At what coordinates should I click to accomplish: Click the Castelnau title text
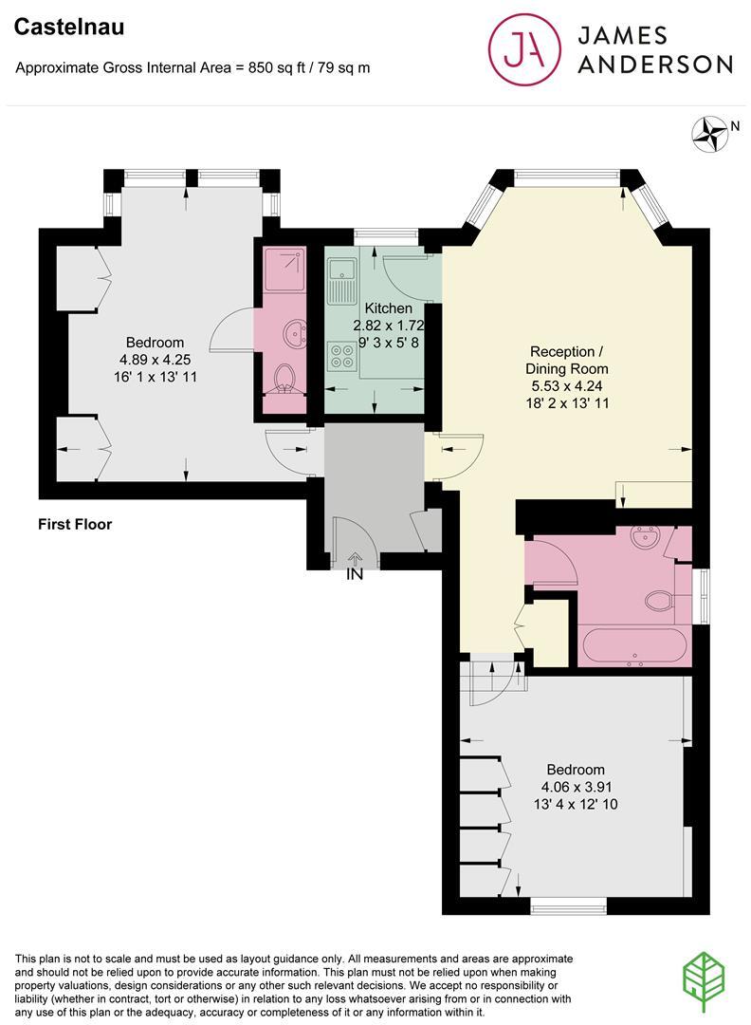pos(69,28)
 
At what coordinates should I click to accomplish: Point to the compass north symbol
pos(706,134)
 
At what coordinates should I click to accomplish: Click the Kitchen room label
pos(389,308)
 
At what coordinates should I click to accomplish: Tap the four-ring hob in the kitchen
pos(340,357)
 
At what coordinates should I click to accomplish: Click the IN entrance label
pos(355,574)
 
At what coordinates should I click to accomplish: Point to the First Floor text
pos(75,524)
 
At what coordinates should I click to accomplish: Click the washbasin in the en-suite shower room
pos(294,333)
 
